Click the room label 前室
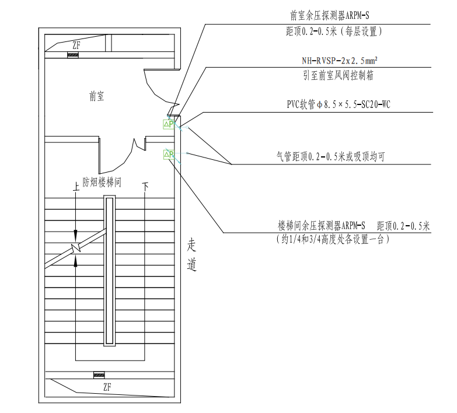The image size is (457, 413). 97,97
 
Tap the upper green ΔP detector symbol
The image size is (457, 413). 169,124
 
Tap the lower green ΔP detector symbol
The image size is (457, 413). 169,155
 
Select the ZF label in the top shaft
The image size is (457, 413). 76,45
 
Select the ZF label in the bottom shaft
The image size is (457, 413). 107,387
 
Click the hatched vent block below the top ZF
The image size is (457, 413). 73,55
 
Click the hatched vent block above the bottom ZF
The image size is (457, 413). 99,374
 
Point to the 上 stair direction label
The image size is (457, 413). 75,187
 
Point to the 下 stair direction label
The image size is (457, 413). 145,187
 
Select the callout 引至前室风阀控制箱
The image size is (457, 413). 334,75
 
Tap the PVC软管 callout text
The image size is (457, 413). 334,105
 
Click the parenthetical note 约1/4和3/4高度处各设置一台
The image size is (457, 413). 332,239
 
